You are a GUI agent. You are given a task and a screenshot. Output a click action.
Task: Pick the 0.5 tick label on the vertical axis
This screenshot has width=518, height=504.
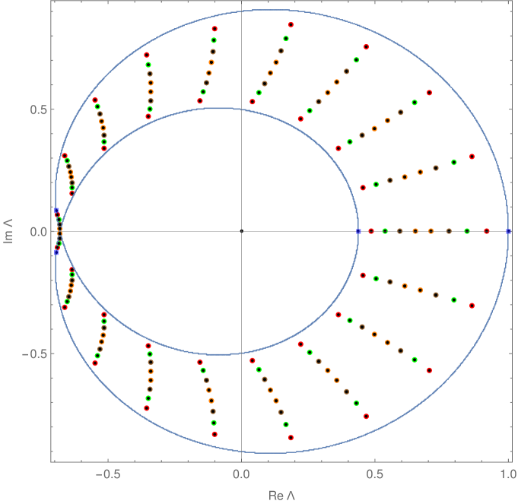[36, 109]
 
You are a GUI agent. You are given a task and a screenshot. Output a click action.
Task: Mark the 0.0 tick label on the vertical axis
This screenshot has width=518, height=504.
[36, 231]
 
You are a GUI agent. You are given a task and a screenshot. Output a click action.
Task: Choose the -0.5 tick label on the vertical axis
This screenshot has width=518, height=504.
[33, 353]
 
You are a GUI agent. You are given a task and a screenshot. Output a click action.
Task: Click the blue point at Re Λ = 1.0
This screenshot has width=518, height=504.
[509, 230]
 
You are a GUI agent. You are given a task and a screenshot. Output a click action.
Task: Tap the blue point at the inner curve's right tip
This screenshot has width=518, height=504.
[358, 230]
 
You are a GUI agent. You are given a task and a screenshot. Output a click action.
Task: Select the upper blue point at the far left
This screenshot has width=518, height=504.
[56, 210]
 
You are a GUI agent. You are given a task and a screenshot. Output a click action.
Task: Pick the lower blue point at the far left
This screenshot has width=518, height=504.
[56, 251]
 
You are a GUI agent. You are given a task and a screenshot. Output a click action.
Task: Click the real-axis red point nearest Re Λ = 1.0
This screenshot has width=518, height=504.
[487, 230]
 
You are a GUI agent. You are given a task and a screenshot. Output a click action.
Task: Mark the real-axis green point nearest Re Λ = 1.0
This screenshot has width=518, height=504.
[467, 230]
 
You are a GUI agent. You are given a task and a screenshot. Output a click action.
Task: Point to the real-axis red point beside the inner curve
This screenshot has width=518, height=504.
[371, 230]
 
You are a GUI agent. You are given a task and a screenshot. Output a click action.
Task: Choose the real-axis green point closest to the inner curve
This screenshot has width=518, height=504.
[385, 230]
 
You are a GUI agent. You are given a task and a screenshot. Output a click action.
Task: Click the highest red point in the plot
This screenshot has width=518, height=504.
[291, 25]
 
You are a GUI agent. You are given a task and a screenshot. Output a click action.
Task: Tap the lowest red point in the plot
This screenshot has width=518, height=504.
[291, 437]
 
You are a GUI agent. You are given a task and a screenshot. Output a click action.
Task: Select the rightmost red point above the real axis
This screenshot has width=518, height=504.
[472, 157]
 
